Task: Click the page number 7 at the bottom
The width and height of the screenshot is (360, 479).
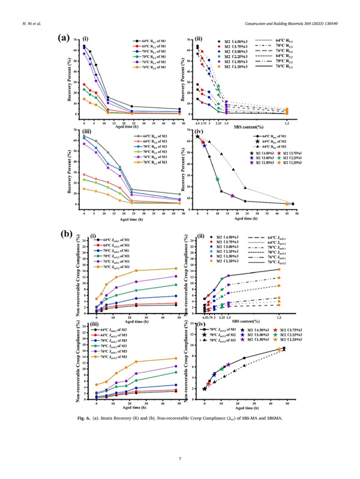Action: [x=180, y=459]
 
